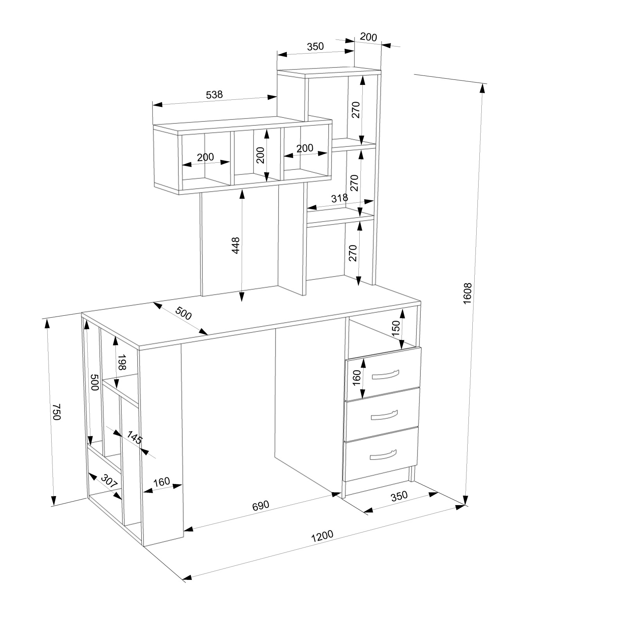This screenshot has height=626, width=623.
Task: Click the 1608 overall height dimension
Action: click(468, 293)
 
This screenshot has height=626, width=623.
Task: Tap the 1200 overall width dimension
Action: click(322, 536)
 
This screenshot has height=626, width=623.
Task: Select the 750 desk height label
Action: click(57, 412)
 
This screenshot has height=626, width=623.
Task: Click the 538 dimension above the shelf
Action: click(214, 94)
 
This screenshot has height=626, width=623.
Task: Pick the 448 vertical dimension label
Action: click(236, 245)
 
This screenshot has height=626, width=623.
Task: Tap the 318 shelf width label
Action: click(340, 198)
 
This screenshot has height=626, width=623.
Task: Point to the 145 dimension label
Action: click(134, 438)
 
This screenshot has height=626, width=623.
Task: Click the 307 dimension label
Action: click(110, 481)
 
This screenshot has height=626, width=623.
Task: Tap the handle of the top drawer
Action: click(385, 374)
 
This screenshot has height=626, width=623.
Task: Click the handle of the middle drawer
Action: click(384, 415)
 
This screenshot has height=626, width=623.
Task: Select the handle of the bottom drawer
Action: click(383, 454)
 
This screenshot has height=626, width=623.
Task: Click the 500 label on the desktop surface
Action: click(183, 313)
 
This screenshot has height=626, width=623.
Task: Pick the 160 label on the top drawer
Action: click(356, 378)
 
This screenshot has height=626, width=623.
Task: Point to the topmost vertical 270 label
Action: click(355, 110)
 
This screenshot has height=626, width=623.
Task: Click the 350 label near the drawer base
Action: click(399, 496)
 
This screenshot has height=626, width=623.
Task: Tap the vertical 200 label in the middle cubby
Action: click(260, 155)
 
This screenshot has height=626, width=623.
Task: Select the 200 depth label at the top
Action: click(368, 37)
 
